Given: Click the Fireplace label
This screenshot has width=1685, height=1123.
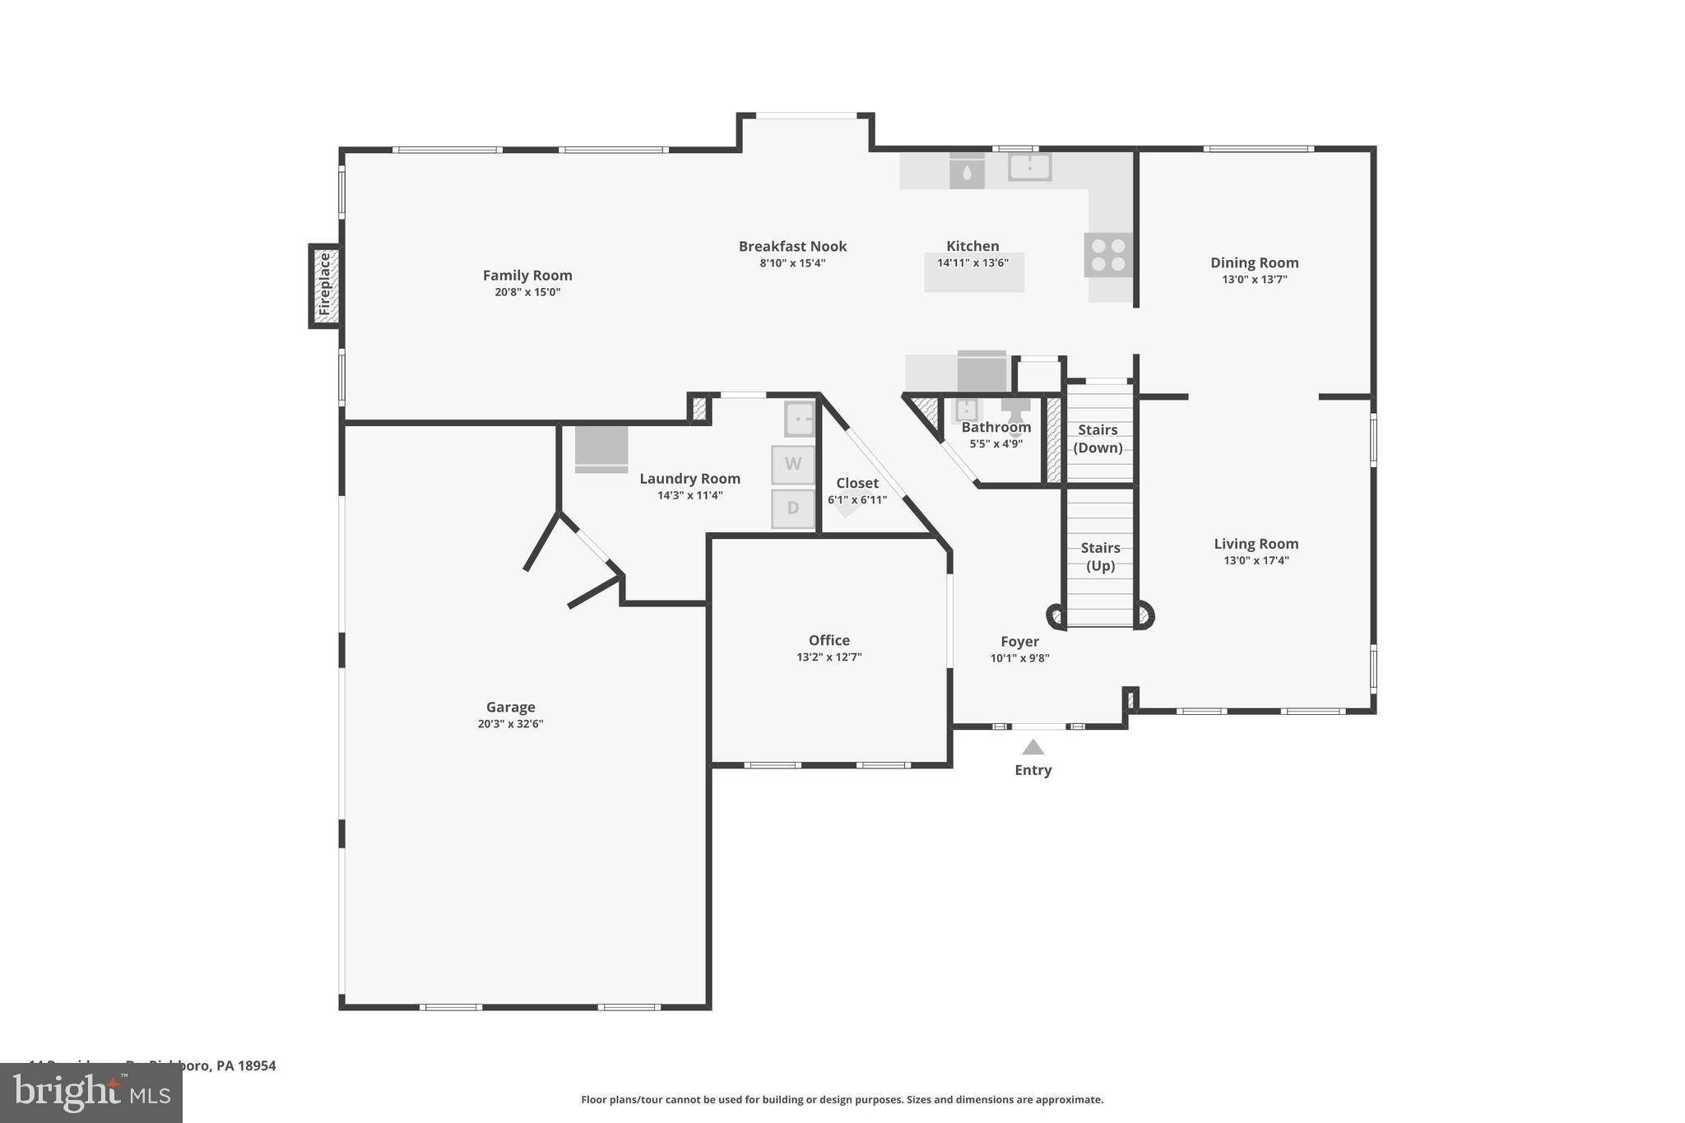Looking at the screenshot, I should [324, 285].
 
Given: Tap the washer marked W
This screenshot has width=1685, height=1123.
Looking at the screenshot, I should [792, 464].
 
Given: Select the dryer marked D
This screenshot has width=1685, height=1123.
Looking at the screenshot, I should [792, 508].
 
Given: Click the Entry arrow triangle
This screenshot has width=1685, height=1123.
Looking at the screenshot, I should [1033, 747].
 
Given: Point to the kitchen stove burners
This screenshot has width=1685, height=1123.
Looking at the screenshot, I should [1107, 254].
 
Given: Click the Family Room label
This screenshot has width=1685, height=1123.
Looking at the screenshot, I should [527, 276].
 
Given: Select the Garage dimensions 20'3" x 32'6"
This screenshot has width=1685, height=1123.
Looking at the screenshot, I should [510, 724].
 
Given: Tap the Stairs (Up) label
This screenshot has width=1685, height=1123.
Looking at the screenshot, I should [1100, 556].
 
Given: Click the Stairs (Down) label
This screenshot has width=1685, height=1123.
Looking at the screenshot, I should [1098, 439].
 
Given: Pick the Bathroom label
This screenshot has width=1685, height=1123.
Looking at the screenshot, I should [996, 427].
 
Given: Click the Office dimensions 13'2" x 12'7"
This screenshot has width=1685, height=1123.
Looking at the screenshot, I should [829, 657].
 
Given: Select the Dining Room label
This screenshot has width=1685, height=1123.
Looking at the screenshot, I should [1254, 262].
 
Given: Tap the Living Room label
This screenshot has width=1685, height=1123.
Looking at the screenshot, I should [1256, 544].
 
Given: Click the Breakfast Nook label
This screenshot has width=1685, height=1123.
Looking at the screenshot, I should [792, 246].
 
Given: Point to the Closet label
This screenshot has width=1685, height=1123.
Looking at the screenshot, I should [857, 483].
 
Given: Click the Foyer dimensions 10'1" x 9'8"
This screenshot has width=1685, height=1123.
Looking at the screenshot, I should [1019, 658].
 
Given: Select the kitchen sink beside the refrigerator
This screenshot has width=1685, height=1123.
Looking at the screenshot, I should [1029, 167].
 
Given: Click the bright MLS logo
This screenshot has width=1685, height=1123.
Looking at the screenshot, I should [91, 1093].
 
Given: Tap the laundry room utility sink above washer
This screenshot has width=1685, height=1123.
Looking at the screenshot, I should [799, 419].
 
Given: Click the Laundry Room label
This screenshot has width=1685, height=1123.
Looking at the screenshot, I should [689, 479].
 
